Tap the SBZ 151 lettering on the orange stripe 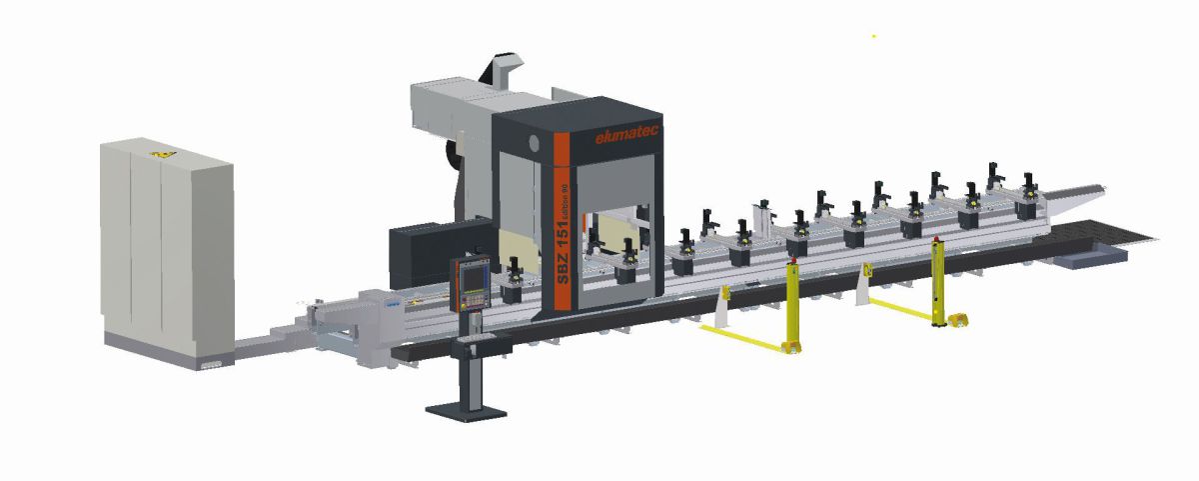pos(563,255)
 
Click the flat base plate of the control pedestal pos(465,409)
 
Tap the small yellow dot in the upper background pos(874,37)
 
